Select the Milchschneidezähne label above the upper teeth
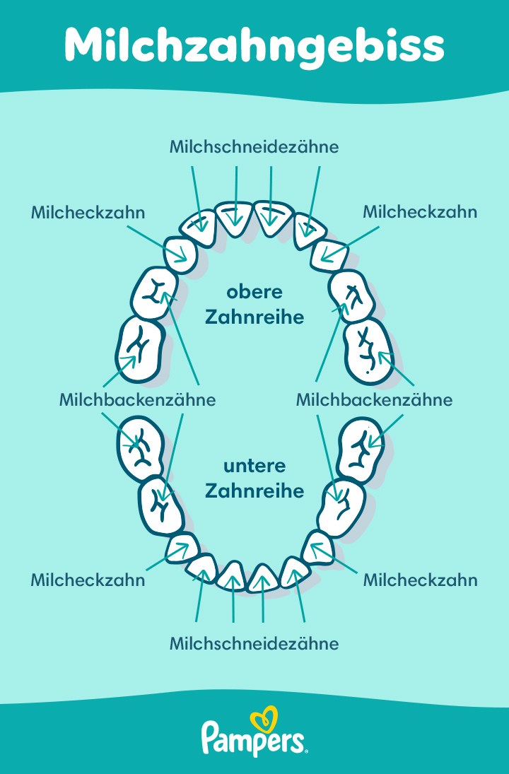pos(255,147)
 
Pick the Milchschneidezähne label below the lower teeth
pos(255,643)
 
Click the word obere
pos(255,291)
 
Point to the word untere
pos(255,467)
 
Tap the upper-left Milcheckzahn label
pos(88,212)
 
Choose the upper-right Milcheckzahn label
pos(420,212)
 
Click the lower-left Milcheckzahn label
pos(88,580)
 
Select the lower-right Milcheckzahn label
pos(420,580)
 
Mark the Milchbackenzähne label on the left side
pos(137,399)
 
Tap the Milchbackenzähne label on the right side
pos(374,399)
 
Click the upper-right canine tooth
pos(328,255)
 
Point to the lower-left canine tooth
pos(182,548)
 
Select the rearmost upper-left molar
pos(139,348)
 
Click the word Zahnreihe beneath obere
pos(255,317)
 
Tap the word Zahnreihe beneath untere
pos(255,491)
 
